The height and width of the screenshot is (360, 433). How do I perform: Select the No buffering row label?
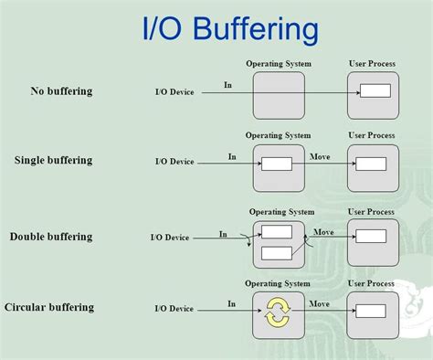click(x=61, y=91)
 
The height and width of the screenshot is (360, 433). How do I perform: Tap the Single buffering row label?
click(x=53, y=161)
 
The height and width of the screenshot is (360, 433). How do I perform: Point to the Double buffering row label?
click(x=51, y=237)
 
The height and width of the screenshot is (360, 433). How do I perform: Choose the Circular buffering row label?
click(x=49, y=307)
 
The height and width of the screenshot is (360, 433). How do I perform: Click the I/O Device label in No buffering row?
click(x=174, y=92)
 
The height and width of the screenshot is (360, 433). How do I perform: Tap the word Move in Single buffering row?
click(x=321, y=157)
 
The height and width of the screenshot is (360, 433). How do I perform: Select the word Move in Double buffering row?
click(x=324, y=232)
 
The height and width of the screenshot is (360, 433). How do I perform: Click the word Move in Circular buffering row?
click(x=319, y=303)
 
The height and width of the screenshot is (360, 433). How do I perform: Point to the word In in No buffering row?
click(x=227, y=85)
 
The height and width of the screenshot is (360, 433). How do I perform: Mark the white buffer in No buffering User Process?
click(x=375, y=90)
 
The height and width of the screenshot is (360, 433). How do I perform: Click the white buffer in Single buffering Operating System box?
click(x=277, y=164)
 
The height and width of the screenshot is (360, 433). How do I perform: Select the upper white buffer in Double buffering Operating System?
click(x=277, y=232)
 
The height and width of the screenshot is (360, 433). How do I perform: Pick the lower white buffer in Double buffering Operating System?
click(x=277, y=252)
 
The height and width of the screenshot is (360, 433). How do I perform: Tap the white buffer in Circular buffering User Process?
click(x=371, y=311)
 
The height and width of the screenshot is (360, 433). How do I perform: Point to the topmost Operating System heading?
click(x=279, y=64)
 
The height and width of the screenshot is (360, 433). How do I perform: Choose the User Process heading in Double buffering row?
click(x=372, y=212)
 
